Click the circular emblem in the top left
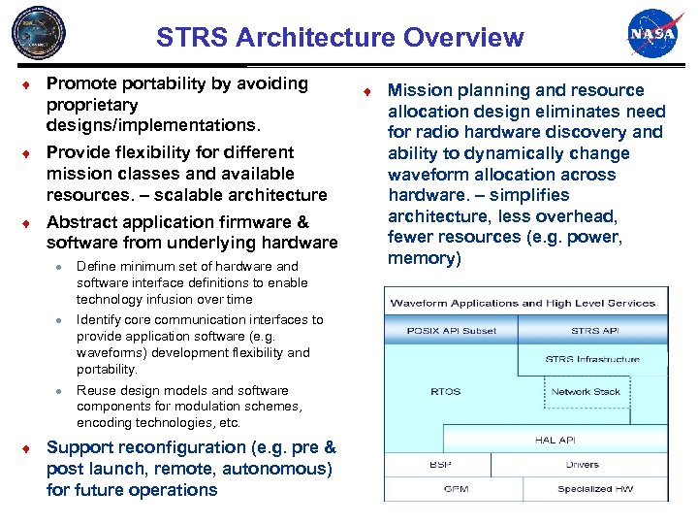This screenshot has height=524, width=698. click(x=39, y=34)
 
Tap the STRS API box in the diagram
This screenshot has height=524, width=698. click(x=594, y=331)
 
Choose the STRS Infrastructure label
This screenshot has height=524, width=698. click(x=592, y=359)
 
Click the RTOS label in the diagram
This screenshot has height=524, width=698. click(x=446, y=392)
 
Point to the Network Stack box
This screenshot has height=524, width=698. click(x=585, y=392)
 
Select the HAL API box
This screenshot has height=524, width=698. click(x=555, y=440)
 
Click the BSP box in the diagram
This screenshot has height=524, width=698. click(x=440, y=465)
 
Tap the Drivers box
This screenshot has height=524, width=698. click(x=582, y=465)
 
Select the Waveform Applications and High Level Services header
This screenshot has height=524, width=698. click(x=523, y=303)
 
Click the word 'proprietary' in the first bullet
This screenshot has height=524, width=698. click(x=92, y=105)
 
